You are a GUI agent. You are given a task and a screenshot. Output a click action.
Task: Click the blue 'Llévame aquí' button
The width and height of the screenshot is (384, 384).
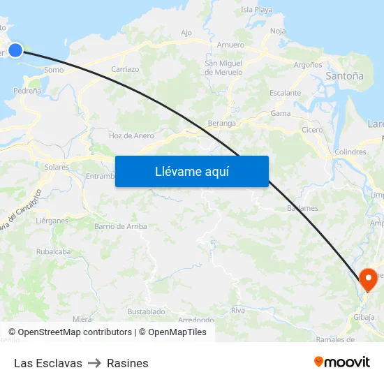point(191,171)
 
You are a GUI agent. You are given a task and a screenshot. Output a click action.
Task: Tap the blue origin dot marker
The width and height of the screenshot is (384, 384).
point(15,50)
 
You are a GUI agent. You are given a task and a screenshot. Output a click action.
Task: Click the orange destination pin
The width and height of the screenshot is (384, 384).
point(368,279)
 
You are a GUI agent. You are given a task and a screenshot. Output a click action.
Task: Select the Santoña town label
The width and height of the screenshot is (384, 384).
point(344,75)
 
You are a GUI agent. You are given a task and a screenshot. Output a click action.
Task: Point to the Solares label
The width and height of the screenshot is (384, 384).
point(57,168)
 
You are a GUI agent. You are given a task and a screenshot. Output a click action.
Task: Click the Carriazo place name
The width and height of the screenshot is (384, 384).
point(125,70)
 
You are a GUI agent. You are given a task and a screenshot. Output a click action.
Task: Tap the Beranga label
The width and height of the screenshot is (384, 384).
point(221,123)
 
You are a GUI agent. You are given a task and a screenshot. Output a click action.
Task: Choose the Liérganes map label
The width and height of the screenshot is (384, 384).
point(52,220)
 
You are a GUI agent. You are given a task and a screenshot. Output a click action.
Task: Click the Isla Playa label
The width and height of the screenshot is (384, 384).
point(256,10)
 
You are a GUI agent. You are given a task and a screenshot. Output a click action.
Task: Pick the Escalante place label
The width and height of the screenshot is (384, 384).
point(285,93)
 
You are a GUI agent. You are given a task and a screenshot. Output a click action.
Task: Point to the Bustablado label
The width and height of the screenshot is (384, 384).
point(146,311)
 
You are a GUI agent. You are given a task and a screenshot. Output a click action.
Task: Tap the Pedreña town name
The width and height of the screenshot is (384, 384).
point(27,91)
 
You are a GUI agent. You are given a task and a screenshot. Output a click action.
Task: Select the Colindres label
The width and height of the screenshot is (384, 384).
point(350,152)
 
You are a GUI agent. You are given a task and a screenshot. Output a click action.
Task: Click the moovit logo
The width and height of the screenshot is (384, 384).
point(341,362)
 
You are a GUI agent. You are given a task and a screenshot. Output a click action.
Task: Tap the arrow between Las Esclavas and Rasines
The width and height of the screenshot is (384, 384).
point(94,363)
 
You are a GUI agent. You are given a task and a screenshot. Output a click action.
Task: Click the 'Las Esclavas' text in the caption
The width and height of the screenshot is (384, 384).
point(48,363)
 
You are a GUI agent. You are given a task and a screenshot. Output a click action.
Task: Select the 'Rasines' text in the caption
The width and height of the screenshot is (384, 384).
point(128,363)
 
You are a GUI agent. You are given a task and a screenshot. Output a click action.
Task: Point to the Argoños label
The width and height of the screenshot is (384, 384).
point(308,64)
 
